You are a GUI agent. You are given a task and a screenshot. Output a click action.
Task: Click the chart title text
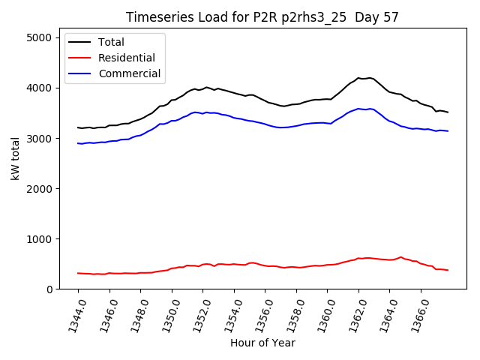[x=262, y=17]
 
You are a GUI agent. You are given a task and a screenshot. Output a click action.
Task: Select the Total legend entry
[x=111, y=42]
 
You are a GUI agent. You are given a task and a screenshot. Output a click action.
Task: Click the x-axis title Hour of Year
[x=262, y=343]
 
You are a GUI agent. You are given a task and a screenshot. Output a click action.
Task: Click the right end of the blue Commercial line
[x=448, y=131]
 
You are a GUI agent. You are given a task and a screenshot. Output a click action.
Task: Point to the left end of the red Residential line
[x=78, y=273]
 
